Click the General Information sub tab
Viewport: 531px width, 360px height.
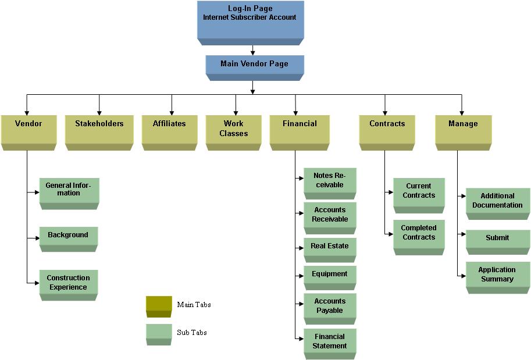tap(69, 191)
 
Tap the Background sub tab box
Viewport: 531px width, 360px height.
tap(68, 237)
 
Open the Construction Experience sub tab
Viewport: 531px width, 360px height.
tap(68, 283)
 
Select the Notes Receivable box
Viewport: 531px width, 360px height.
tap(329, 181)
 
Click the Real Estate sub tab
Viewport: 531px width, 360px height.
tap(329, 248)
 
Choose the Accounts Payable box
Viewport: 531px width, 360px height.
tap(329, 307)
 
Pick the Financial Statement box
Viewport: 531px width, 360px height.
tap(329, 342)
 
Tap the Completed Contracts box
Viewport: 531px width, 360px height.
tap(418, 234)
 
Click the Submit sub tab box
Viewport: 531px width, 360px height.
tap(497, 240)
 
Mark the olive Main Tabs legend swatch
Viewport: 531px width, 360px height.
tap(159, 305)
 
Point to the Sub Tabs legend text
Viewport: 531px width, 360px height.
tap(192, 333)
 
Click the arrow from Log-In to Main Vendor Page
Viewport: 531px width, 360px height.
tap(252, 50)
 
